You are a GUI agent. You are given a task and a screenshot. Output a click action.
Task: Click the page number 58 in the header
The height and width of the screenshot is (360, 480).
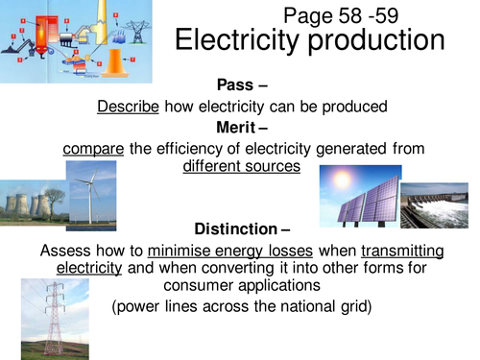343,15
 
